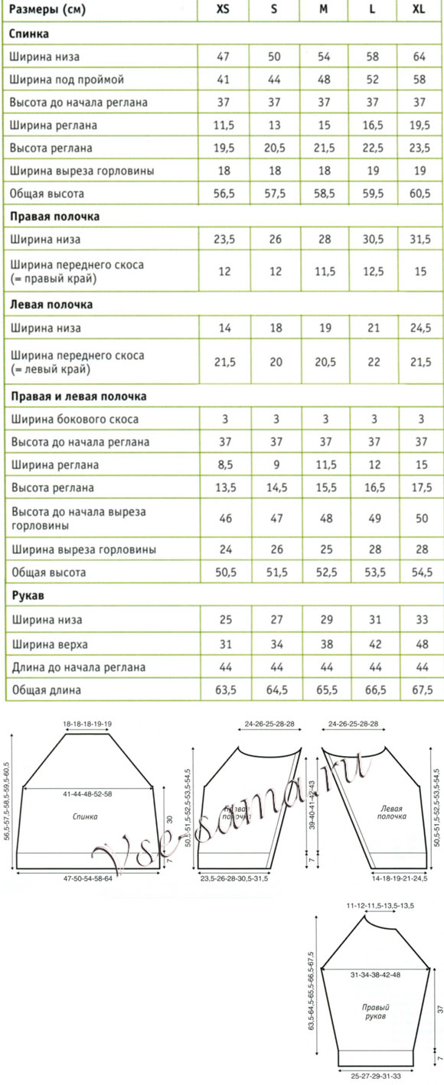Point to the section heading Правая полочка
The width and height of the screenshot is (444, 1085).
click(x=54, y=217)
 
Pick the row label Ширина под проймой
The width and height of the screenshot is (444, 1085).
click(x=67, y=80)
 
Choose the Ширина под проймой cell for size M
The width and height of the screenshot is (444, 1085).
click(x=324, y=80)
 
